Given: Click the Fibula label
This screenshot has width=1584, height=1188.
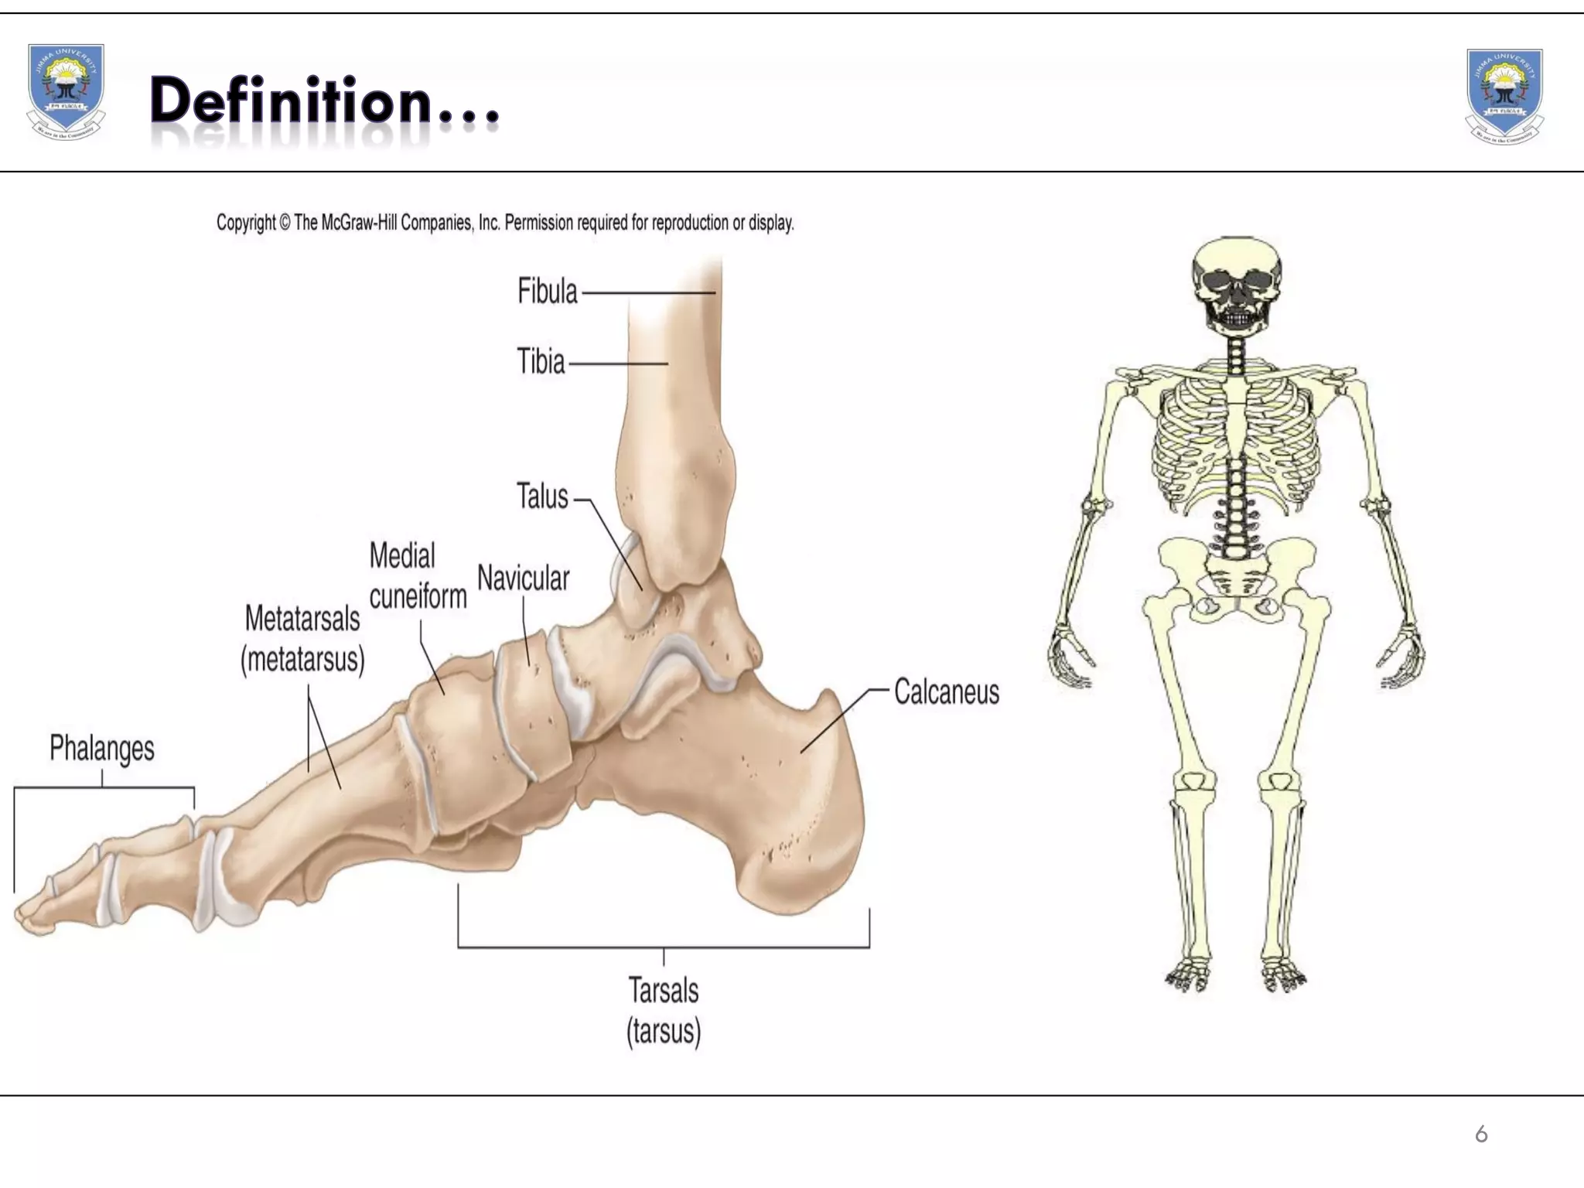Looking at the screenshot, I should [x=547, y=292].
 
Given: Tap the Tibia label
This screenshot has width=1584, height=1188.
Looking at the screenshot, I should [x=541, y=362].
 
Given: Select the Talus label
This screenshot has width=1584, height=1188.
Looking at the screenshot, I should [x=542, y=497].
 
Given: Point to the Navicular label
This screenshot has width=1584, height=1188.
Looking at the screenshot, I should [x=523, y=578].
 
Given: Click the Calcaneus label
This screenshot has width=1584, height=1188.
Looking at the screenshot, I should [x=946, y=692].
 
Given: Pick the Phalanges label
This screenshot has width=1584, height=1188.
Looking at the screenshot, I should [x=101, y=748].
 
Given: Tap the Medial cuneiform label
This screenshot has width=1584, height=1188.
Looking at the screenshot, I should [x=417, y=576].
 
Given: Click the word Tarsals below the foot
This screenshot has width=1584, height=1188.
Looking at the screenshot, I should [x=663, y=991].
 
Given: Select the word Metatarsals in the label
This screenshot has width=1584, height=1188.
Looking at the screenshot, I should [x=302, y=619].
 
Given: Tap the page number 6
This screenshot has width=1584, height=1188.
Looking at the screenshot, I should [x=1481, y=1134].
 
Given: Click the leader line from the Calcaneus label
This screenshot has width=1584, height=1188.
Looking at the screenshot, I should [x=843, y=719].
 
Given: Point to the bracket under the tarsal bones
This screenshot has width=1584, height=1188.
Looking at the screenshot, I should [x=664, y=946].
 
